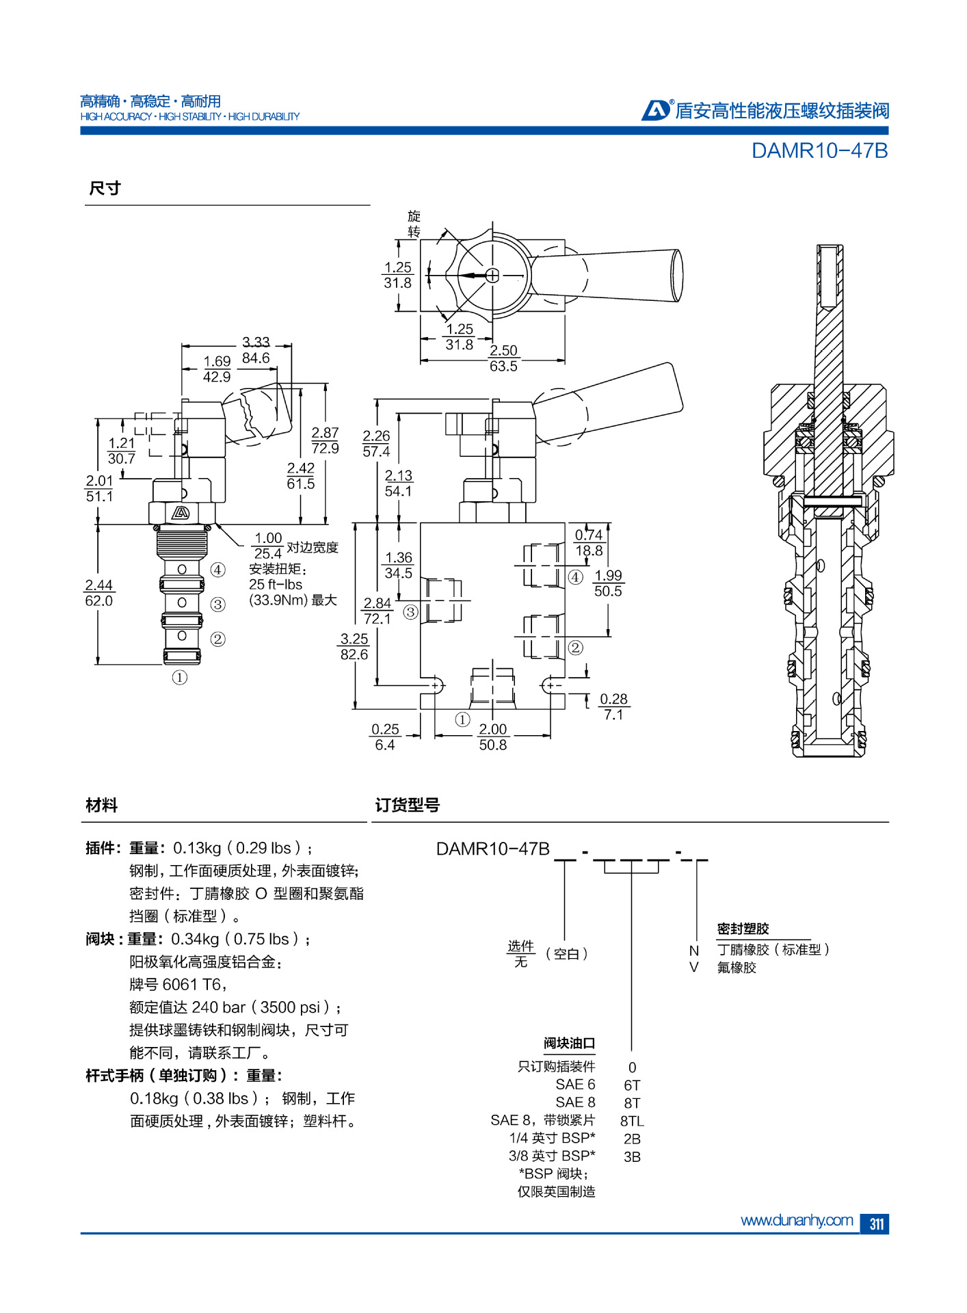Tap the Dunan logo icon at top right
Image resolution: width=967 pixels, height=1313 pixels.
coord(657,109)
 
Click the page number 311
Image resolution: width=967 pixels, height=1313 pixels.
coord(875,1223)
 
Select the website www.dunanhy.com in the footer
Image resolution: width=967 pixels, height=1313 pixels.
coord(796,1220)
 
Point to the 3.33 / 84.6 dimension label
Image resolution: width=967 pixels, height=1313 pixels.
coord(256,350)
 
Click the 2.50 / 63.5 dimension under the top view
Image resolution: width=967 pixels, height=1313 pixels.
coord(503,358)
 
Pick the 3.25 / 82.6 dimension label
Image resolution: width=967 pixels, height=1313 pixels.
coord(354,646)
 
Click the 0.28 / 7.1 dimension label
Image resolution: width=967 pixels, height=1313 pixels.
coord(613,706)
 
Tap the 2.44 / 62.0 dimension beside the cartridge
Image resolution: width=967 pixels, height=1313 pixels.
coord(99,593)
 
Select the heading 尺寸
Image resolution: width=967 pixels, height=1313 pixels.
coord(105,188)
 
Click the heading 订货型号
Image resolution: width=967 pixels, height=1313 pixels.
coord(407,805)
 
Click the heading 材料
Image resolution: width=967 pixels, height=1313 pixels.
coord(101,805)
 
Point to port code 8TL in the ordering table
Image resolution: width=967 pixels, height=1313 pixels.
coord(632,1121)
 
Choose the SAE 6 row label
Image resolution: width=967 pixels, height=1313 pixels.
coord(575,1085)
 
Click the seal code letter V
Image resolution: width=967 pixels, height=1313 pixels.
coord(693,967)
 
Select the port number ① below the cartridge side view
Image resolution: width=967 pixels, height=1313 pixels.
coord(180,677)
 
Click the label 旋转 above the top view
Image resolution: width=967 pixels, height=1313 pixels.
coord(414,224)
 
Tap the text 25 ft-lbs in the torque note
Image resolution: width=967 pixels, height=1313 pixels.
coord(276,584)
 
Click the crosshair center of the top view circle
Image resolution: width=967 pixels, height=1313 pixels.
coord(492,276)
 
